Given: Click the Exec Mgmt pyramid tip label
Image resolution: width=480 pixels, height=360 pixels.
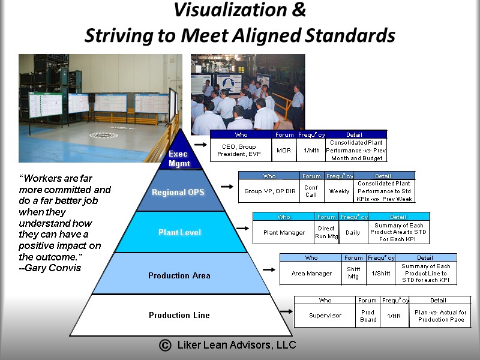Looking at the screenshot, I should [x=178, y=158].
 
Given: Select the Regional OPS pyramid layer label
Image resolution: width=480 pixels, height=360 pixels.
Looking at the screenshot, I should [x=178, y=193].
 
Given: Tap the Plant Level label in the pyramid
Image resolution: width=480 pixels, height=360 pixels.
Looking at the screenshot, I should [x=179, y=232].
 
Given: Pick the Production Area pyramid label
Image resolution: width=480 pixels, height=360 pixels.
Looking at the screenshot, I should [x=179, y=276].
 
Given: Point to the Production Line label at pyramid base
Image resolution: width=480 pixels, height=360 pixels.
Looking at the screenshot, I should [x=179, y=315].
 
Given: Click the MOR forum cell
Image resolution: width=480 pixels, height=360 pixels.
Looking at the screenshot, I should [x=284, y=150].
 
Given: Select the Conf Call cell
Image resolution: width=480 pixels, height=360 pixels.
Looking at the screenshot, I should [x=311, y=191].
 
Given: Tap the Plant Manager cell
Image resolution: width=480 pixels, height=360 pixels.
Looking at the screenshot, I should [x=284, y=232].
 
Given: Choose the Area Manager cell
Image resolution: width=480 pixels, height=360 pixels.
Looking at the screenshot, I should [x=311, y=273].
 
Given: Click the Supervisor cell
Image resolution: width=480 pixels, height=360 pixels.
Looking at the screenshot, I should [x=325, y=315].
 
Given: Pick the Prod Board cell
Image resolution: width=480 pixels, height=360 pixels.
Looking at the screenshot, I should [x=368, y=316].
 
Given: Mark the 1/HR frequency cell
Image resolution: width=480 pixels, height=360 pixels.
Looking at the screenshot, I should [x=394, y=316].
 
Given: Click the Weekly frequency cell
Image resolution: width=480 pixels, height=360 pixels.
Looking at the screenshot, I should [x=339, y=191].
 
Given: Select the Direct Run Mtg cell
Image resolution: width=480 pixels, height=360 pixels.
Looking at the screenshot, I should [x=326, y=232].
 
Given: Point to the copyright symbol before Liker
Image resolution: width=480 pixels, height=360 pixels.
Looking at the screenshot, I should [x=164, y=345].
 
